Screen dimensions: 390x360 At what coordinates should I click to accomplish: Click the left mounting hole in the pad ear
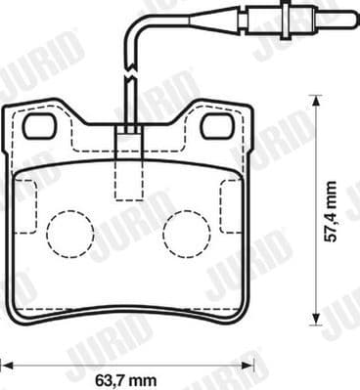tap(40, 125)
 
